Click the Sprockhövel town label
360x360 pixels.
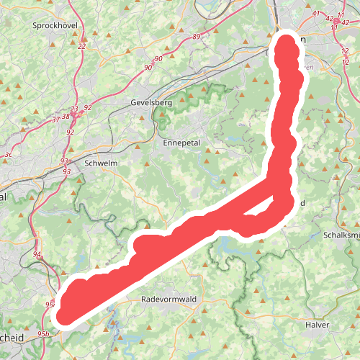coord(50,25)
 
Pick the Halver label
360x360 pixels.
coord(317,325)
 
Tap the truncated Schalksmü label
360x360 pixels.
coord(341,235)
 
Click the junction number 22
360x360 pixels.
coord(81,46)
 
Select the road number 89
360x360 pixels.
coord(197,36)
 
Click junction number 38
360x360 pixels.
coord(66,116)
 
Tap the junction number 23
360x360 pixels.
coord(73,109)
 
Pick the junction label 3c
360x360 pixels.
coord(9,154)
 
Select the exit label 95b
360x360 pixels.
coord(43,334)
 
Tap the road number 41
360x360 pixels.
coord(315,14)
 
